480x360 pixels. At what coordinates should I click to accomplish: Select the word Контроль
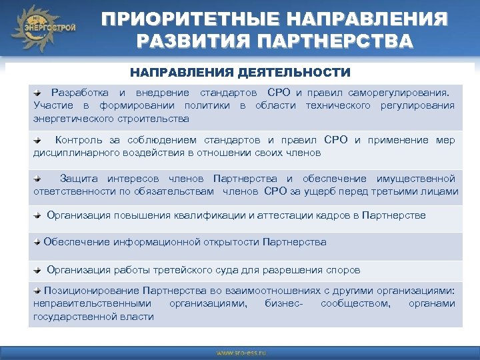click(78, 141)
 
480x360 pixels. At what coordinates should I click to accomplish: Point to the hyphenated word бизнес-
click(283, 303)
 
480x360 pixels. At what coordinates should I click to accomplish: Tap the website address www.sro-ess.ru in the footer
click(240, 352)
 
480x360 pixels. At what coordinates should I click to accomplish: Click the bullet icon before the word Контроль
click(39, 141)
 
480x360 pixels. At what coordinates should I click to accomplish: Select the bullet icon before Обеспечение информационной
click(38, 241)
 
